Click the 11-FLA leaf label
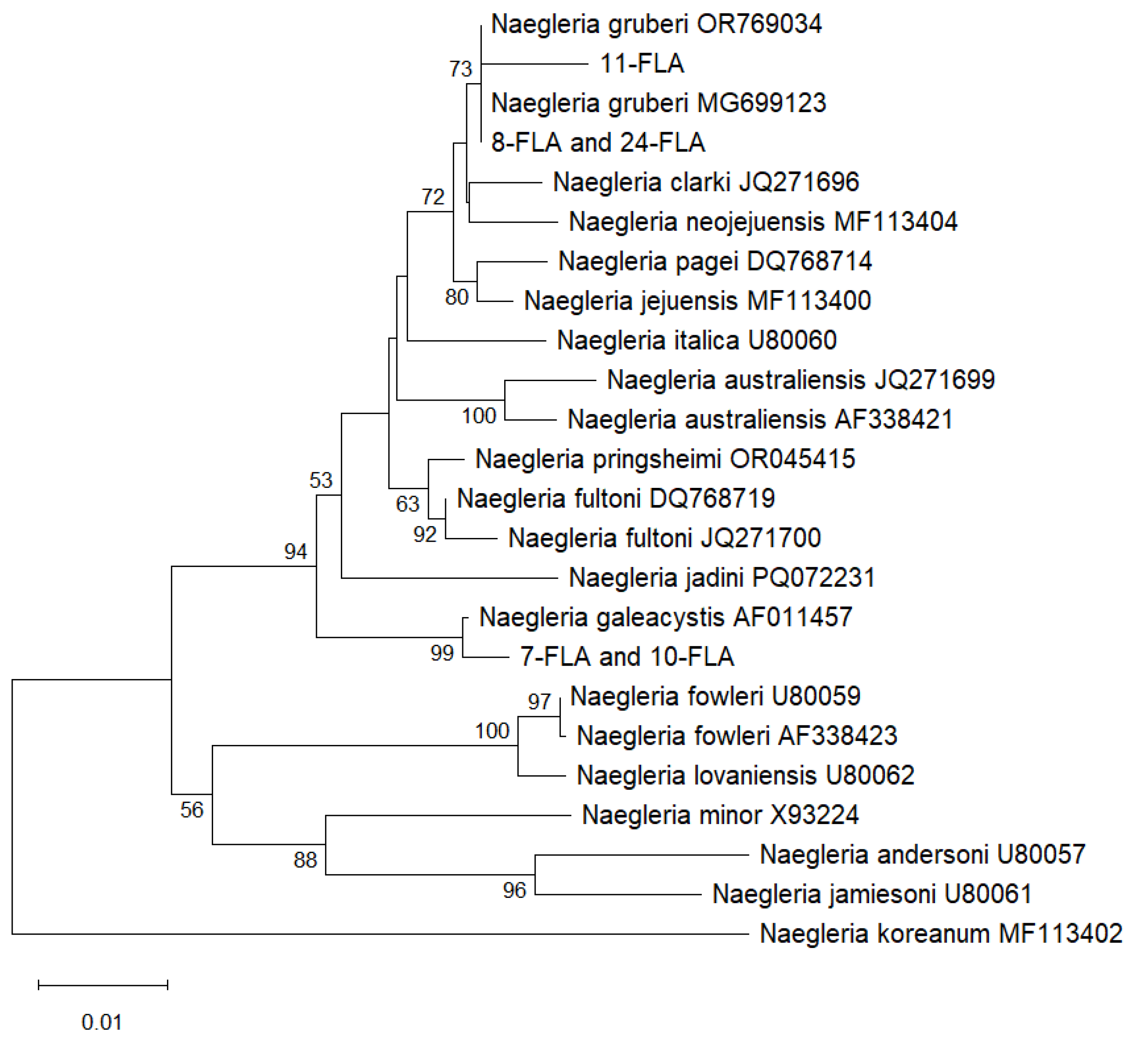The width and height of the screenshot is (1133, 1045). (x=642, y=63)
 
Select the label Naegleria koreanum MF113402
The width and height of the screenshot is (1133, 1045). (x=940, y=934)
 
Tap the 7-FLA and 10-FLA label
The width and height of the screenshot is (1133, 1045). (x=627, y=657)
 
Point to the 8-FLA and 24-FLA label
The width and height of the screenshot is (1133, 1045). (x=598, y=143)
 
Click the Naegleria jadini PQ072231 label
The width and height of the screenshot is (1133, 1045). (x=722, y=578)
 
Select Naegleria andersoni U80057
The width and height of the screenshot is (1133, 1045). (x=922, y=854)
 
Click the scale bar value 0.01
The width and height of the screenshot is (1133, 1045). (x=102, y=1023)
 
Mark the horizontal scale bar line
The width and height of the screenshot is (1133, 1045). (x=103, y=985)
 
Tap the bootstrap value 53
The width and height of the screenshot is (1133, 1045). (x=321, y=480)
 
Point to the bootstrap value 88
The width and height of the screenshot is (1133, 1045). (x=305, y=860)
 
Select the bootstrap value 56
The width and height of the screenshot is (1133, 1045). (x=191, y=810)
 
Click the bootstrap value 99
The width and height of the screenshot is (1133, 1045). (x=442, y=653)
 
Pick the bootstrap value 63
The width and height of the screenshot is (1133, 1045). (x=407, y=504)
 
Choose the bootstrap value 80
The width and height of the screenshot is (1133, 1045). (x=457, y=297)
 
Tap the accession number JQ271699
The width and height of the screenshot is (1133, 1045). (x=935, y=380)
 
